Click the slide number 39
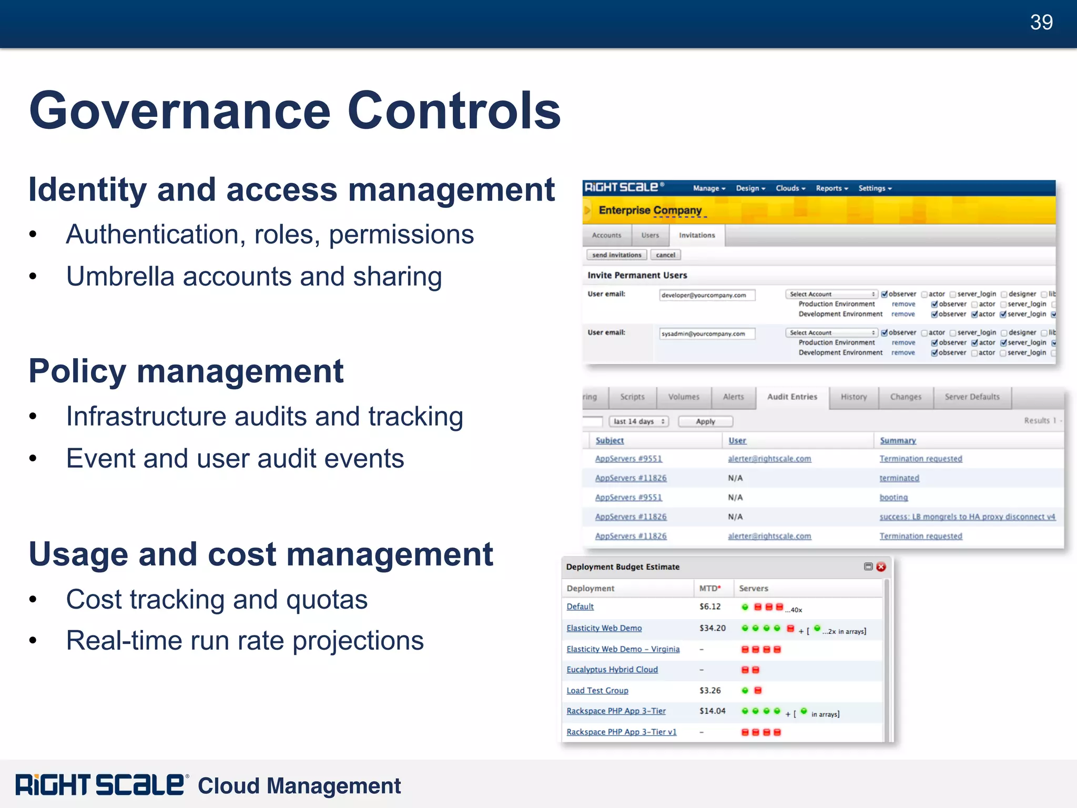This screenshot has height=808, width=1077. (x=1041, y=23)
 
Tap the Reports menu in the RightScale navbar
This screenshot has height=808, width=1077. (x=831, y=188)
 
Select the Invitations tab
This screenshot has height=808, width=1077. (x=696, y=235)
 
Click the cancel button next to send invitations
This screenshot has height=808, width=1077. (x=665, y=255)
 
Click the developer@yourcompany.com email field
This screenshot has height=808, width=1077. (x=707, y=295)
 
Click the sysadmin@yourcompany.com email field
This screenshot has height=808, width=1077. (x=707, y=334)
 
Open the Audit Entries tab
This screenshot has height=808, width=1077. (x=792, y=397)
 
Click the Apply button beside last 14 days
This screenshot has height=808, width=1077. (x=705, y=421)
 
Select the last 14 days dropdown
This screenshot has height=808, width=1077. (x=638, y=421)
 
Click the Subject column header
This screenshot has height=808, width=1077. (x=609, y=441)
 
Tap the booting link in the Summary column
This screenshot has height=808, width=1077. (x=893, y=498)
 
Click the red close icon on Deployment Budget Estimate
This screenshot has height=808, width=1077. (x=881, y=567)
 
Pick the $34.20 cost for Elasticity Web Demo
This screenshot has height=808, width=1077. (x=712, y=628)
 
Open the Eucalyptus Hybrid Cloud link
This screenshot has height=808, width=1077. (x=612, y=670)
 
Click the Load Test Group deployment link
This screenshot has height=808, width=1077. (x=597, y=691)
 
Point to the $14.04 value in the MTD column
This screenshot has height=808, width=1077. (x=712, y=711)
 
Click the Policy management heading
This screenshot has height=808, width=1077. (x=186, y=371)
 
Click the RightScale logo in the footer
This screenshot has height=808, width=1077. (x=100, y=785)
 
